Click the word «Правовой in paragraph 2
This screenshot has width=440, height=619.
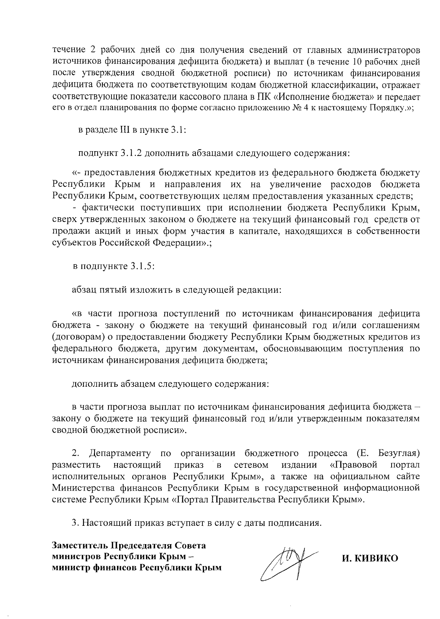(x=353, y=465)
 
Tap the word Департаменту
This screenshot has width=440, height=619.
(x=120, y=454)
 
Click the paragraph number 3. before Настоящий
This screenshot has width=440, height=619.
(x=76, y=522)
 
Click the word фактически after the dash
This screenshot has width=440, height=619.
(x=103, y=208)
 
